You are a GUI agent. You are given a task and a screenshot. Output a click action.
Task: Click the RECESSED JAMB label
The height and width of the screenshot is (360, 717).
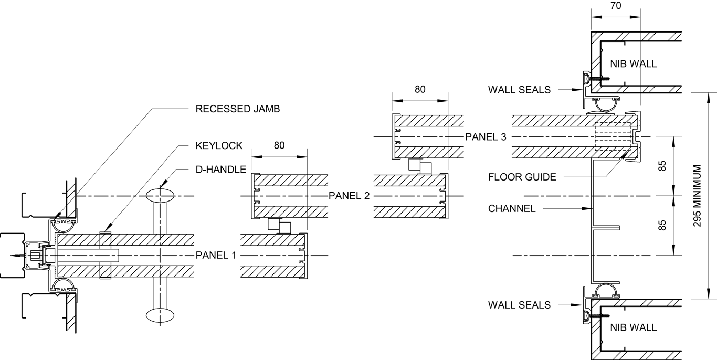[237, 109]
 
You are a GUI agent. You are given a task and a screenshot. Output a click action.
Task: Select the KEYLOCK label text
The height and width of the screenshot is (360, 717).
[219, 145]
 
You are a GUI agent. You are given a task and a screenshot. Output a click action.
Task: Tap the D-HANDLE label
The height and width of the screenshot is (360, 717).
[217, 170]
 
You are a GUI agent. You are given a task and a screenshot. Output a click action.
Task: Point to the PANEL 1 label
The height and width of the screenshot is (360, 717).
[216, 256]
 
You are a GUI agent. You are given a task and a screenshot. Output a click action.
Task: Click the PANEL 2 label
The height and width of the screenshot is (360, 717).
[349, 196]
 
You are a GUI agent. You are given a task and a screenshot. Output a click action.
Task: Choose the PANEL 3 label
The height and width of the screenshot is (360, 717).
[486, 137]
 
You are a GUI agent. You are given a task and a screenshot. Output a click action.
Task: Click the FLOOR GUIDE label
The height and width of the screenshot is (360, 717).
[522, 177]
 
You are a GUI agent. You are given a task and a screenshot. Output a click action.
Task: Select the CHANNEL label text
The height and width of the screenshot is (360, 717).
[512, 208]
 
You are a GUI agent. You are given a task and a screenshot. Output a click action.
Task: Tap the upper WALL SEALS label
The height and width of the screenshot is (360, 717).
[519, 90]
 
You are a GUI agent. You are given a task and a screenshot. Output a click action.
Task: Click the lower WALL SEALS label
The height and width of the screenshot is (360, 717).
[519, 305]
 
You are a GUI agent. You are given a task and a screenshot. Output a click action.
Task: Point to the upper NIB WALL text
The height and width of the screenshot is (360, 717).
[634, 64]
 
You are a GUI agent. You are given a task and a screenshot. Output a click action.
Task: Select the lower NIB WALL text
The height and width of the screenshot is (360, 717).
[634, 327]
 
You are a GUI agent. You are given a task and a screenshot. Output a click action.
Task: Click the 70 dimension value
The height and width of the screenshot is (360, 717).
[616, 6]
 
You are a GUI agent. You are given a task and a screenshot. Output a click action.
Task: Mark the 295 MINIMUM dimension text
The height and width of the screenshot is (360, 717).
[697, 196]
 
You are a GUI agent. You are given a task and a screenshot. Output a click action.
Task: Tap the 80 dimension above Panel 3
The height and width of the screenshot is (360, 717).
[420, 89]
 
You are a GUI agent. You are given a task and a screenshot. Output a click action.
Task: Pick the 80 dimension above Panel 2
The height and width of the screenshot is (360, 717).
[279, 145]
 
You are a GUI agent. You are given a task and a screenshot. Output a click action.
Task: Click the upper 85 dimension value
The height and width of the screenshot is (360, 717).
[662, 166]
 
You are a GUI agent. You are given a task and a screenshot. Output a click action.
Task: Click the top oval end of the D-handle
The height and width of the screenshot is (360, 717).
[160, 196]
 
